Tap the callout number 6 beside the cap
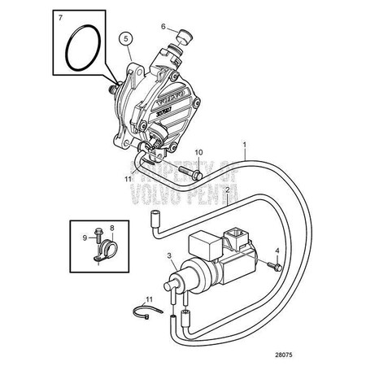[162, 25]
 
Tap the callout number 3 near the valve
[169, 256]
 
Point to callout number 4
[277, 251]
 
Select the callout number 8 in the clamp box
[112, 229]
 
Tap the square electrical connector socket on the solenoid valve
[242, 241]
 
